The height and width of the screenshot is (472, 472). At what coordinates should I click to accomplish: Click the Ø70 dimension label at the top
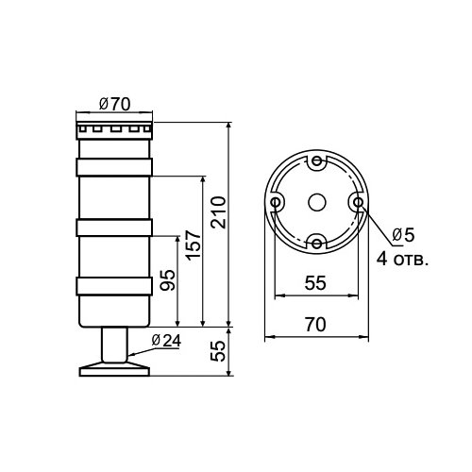[114, 105]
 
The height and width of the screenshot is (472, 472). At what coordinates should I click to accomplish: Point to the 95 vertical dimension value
[169, 280]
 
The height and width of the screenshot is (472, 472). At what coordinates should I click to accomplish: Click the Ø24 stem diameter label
[166, 341]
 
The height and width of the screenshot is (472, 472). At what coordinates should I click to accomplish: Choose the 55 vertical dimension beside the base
[217, 352]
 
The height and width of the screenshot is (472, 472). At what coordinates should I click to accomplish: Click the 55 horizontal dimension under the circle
[317, 282]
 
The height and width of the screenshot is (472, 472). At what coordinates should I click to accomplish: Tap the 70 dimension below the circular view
[316, 324]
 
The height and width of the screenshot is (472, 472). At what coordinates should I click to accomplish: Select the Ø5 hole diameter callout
[403, 234]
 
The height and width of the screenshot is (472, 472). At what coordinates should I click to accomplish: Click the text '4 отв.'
[402, 258]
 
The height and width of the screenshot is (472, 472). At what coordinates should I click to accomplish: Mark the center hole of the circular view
[317, 202]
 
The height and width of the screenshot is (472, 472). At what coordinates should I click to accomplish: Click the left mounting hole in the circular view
[277, 202]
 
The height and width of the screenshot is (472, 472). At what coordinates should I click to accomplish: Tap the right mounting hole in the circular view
[358, 202]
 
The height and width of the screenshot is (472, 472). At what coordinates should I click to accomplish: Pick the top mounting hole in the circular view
[317, 161]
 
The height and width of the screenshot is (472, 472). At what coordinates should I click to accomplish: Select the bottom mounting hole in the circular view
[317, 243]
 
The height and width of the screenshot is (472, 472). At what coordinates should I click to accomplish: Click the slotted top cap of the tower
[113, 128]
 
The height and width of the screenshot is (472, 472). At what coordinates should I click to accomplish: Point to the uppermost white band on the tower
[113, 167]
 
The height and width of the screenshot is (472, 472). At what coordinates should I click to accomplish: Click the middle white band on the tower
[113, 228]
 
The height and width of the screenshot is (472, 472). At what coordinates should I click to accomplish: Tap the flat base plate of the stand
[113, 370]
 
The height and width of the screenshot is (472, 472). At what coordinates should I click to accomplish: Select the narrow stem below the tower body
[113, 345]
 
